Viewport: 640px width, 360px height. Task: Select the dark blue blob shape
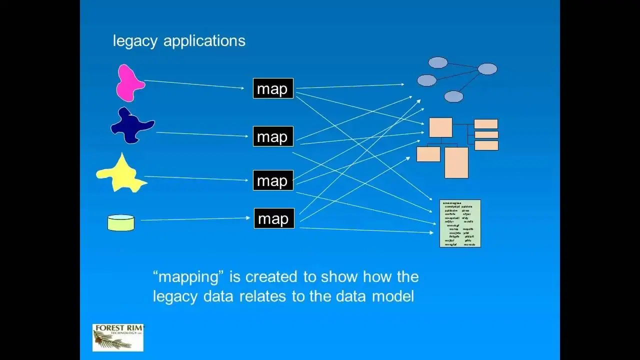[131, 126]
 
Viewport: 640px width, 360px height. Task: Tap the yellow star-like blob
[122, 174]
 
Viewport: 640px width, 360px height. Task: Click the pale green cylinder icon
[121, 222]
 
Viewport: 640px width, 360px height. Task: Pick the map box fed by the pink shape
[273, 88]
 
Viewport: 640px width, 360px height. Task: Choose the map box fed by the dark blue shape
[273, 136]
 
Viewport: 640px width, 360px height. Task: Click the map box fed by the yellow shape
[273, 180]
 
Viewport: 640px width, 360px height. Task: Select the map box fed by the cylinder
[274, 218]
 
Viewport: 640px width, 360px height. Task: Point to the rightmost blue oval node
[487, 69]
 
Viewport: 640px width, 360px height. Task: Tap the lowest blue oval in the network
[453, 96]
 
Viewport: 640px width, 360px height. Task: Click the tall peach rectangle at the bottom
[456, 162]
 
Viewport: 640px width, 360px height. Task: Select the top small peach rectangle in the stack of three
[485, 124]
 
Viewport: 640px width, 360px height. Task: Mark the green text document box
[460, 223]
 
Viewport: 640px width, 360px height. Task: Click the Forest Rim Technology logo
[118, 337]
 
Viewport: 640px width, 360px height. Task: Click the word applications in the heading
[204, 41]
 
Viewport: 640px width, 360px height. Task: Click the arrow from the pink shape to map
[195, 84]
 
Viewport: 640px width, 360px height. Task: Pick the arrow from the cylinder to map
[195, 218]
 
